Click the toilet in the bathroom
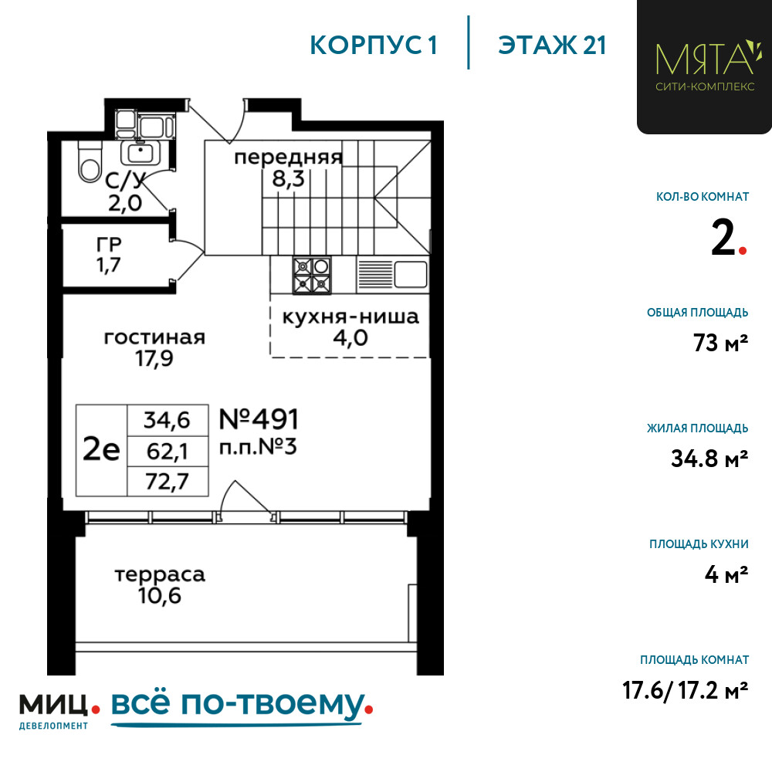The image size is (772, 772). (x=89, y=161)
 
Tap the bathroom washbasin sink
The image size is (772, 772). (x=141, y=153)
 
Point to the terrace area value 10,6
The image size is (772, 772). (x=160, y=596)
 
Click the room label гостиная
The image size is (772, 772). (x=154, y=337)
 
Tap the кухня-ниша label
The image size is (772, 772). (x=350, y=317)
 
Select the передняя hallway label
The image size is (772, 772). (x=289, y=157)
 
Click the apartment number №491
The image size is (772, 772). (x=259, y=419)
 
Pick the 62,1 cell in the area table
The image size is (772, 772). (x=168, y=451)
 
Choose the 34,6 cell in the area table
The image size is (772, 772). (x=168, y=421)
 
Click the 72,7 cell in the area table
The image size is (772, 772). (x=168, y=481)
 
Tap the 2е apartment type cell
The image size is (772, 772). (x=101, y=450)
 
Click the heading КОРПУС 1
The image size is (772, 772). (x=374, y=46)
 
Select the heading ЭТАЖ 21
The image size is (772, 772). (x=552, y=46)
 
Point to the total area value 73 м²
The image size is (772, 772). (x=721, y=343)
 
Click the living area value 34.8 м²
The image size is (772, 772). (x=709, y=459)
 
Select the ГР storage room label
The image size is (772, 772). (x=109, y=244)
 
